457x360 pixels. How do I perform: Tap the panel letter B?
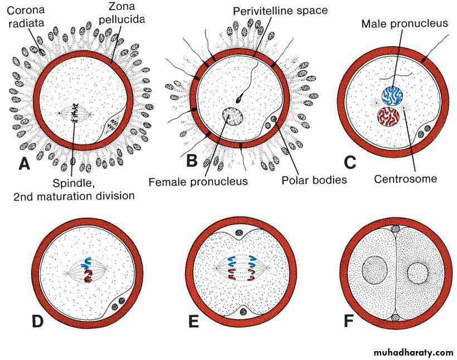coord(192,161)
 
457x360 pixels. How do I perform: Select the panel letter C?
coord(349,162)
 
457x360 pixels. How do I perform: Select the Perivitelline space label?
coord(280,10)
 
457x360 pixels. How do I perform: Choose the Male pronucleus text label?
coord(397,24)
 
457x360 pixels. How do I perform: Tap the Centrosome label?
coord(405,179)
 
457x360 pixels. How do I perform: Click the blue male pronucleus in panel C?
coord(392,96)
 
